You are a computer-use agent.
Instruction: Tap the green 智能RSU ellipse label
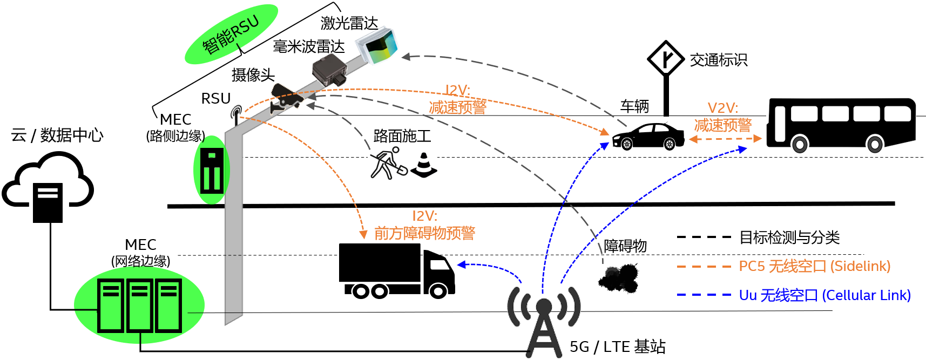tap(231, 35)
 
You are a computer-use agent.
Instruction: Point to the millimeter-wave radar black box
tap(329, 72)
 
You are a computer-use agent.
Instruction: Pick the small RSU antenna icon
tap(236, 115)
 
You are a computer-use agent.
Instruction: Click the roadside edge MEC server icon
tap(212, 170)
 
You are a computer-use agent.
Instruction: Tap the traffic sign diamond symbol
tap(666, 58)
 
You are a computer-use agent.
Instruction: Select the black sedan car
tap(648, 137)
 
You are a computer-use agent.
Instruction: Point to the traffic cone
tap(424, 165)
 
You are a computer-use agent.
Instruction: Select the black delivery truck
tap(396, 270)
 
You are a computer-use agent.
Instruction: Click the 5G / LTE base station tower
tap(544, 324)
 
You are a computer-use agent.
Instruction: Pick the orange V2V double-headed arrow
tap(725, 139)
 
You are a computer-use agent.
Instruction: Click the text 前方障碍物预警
tap(424, 233)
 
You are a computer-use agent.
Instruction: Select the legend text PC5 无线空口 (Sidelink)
tap(814, 266)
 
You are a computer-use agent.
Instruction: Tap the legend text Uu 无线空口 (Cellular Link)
tap(824, 295)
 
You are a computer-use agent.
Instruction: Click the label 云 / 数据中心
tap(57, 135)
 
